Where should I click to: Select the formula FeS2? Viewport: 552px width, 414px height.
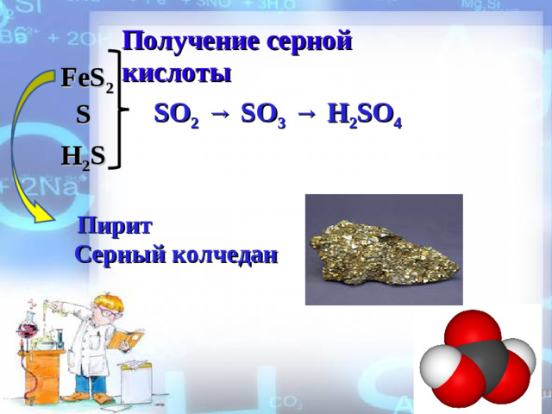click(86, 79)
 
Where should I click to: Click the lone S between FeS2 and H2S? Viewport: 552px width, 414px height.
click(82, 113)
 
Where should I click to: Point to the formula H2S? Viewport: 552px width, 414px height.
click(82, 156)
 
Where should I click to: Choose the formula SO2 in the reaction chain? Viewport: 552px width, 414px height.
click(176, 115)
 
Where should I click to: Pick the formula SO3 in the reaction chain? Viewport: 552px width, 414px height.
click(264, 115)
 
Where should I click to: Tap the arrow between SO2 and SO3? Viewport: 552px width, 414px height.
click(220, 113)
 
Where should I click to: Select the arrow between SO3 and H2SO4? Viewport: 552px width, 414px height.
click(307, 113)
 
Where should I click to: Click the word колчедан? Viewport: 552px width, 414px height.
click(225, 255)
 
